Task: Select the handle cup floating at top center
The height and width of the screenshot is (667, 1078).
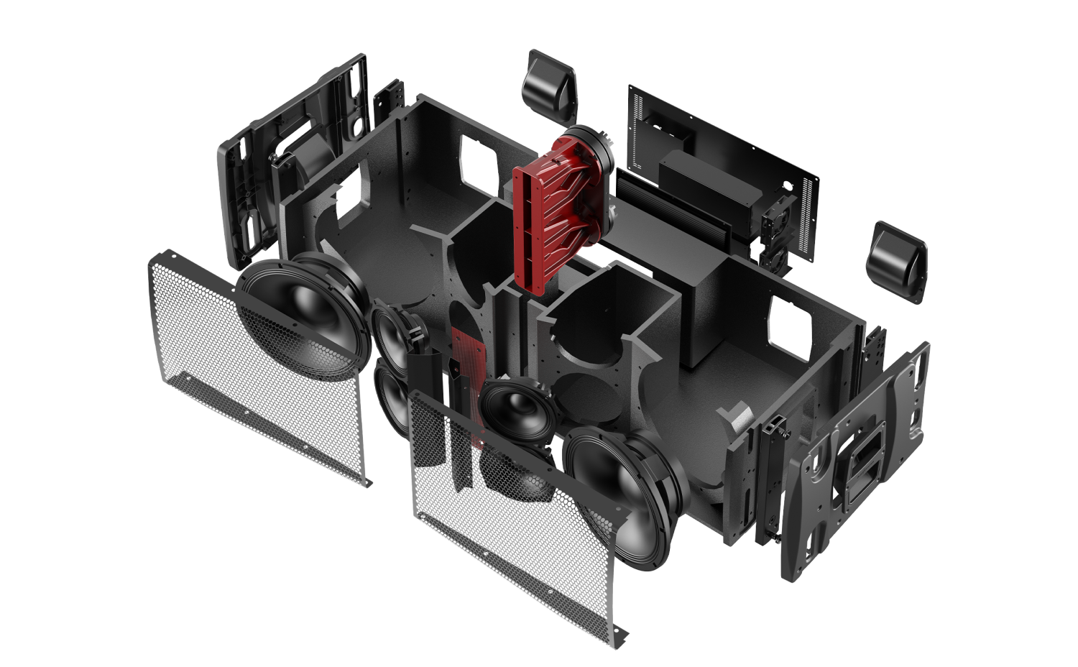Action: click(548, 86)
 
